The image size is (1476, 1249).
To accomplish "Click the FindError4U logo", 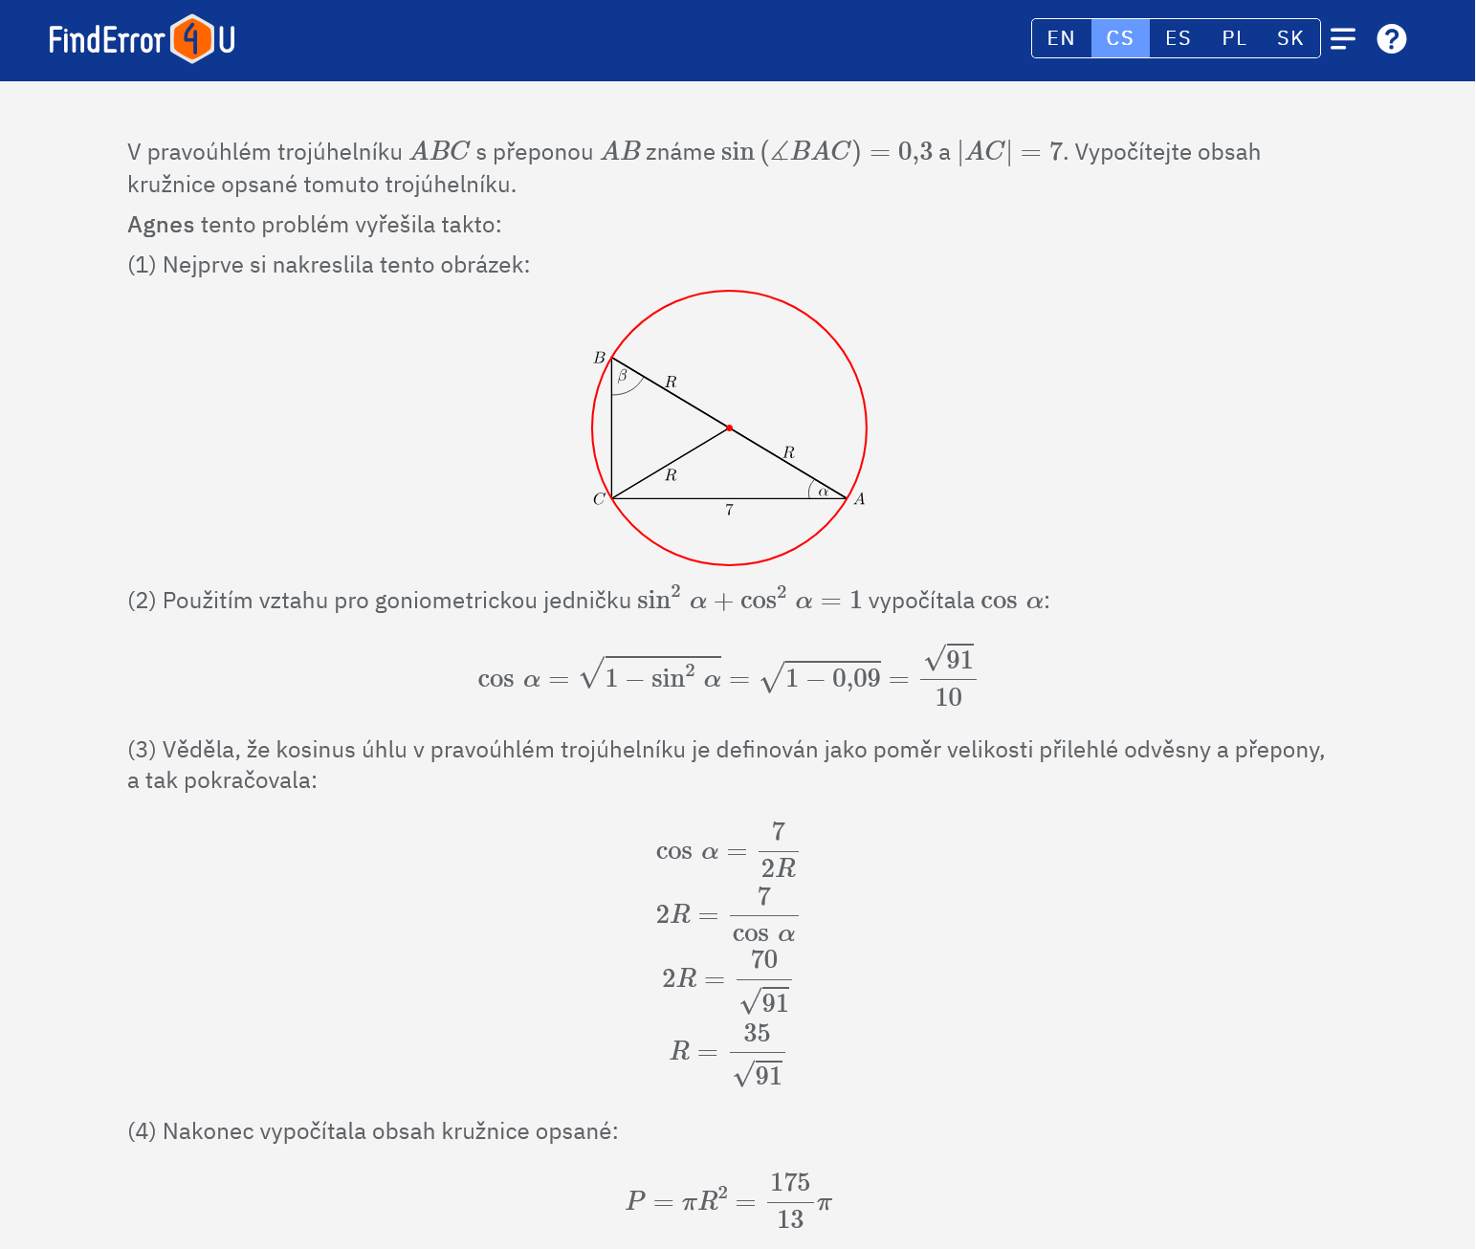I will point(142,39).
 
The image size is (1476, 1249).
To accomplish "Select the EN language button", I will point(1061,38).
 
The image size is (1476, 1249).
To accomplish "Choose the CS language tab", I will point(1119,38).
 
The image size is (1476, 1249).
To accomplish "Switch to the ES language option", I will point(1178,38).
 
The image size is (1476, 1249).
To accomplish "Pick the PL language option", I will point(1234,38).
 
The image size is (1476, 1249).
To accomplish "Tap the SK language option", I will point(1289,38).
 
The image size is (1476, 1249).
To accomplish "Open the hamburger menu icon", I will point(1343,38).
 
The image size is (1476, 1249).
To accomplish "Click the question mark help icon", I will point(1391,38).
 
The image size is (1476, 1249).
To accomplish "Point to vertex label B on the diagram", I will point(600,358).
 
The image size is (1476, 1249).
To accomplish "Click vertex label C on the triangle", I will point(599,499).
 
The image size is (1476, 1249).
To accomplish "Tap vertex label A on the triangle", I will point(859,499).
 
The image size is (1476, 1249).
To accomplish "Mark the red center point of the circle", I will point(729,427).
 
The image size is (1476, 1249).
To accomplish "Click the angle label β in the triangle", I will point(622,376).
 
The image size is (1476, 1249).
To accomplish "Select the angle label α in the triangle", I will point(823,492).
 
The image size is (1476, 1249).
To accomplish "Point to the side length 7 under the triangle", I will point(729,511).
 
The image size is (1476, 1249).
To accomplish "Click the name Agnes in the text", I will point(161,225).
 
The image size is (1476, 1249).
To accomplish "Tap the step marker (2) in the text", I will point(142,601).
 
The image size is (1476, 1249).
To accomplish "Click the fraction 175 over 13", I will point(790,1200).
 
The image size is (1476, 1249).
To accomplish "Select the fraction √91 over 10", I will point(948,677).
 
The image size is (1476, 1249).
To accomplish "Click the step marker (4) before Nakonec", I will point(142,1131).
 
